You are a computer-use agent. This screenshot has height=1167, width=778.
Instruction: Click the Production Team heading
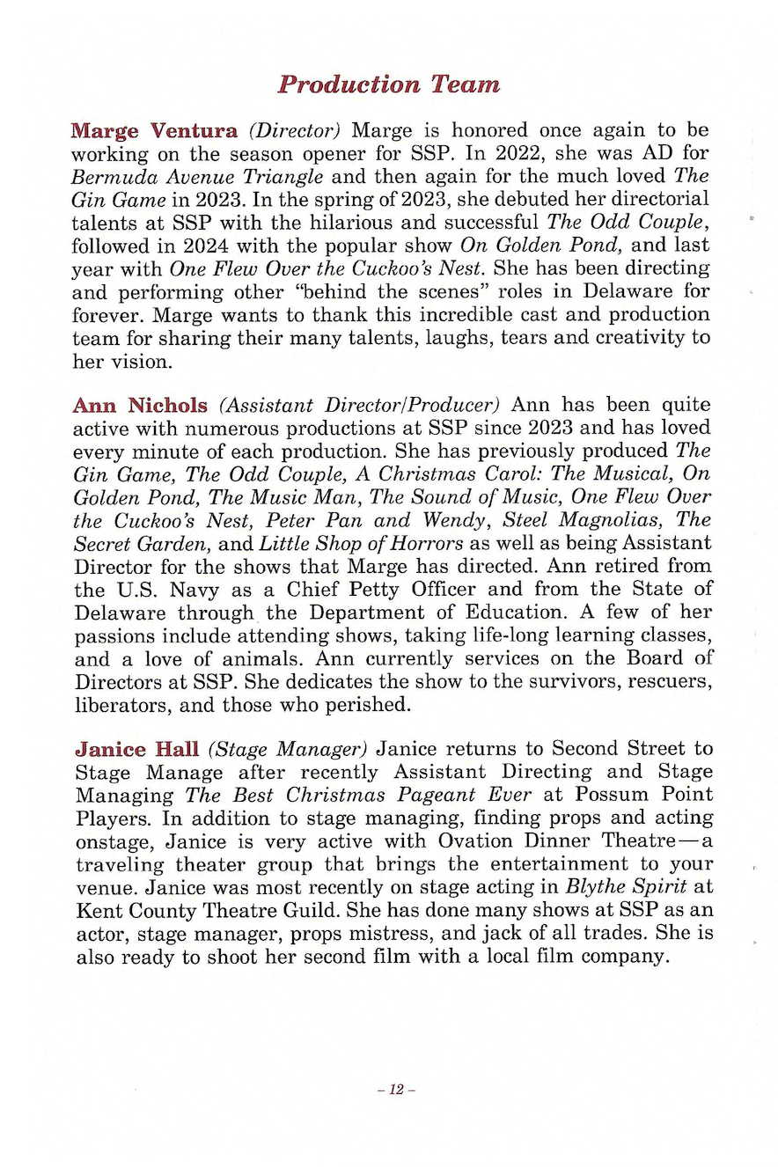coord(388,84)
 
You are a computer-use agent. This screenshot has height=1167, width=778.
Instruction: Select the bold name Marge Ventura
coord(153,131)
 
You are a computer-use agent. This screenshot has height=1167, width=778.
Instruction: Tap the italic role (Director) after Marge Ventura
coord(294,131)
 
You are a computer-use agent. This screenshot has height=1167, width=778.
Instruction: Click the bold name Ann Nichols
coord(141,405)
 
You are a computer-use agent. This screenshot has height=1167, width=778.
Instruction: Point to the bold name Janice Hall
coord(137,749)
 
